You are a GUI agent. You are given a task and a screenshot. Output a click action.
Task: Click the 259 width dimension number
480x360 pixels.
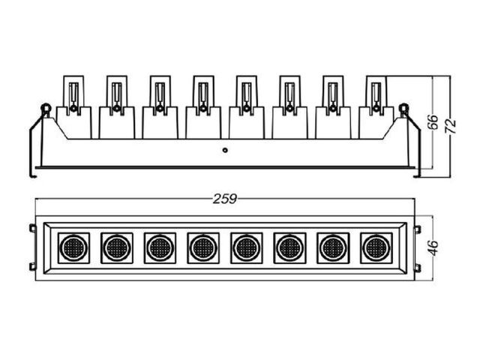(225, 199)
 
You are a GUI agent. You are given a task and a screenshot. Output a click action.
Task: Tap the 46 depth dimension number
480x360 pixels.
(433, 248)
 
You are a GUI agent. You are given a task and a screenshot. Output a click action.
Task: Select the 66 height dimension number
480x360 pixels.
(433, 122)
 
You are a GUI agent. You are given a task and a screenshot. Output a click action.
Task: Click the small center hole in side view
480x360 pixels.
(225, 150)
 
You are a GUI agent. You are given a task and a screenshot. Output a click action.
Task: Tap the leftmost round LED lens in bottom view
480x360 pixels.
(73, 247)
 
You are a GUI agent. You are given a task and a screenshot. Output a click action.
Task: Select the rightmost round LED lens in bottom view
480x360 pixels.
(376, 247)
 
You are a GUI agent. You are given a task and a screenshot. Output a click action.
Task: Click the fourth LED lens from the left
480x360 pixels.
(203, 247)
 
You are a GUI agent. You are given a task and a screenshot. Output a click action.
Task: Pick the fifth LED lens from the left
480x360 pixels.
(247, 247)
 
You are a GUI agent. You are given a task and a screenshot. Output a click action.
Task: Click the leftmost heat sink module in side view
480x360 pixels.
(73, 107)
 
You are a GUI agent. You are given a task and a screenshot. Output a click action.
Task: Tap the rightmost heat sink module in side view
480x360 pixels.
(376, 107)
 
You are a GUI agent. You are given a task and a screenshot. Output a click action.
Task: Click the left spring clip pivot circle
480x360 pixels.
(46, 108)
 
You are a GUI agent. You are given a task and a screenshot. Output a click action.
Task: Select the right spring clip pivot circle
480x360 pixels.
(404, 108)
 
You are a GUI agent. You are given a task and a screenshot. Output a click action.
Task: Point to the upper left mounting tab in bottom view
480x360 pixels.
(32, 228)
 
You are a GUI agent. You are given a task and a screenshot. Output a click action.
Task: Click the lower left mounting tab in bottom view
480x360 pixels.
(32, 267)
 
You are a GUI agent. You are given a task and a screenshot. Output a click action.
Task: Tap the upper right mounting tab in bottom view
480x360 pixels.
(417, 229)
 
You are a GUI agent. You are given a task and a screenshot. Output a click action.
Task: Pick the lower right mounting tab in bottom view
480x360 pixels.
(417, 268)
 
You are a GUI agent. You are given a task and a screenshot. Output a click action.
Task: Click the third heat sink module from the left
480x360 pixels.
(160, 107)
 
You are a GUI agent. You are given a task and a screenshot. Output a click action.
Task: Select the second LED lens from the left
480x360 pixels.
(117, 247)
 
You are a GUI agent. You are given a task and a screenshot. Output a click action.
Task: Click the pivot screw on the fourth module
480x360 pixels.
(202, 108)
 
